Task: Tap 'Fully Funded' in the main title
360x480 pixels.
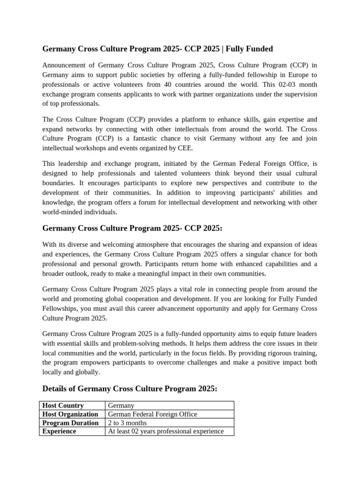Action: tap(251, 49)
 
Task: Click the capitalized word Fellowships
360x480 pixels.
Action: tap(62, 308)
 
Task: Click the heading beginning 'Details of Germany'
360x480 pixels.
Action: tap(130, 389)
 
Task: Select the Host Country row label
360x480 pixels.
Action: tap(63, 405)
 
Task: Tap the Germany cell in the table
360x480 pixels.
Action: tap(121, 405)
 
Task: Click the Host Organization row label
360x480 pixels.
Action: tap(70, 414)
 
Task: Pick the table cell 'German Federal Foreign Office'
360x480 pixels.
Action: tap(152, 414)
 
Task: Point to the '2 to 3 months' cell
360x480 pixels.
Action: tap(127, 423)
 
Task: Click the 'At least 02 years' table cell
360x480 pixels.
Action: tap(165, 431)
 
